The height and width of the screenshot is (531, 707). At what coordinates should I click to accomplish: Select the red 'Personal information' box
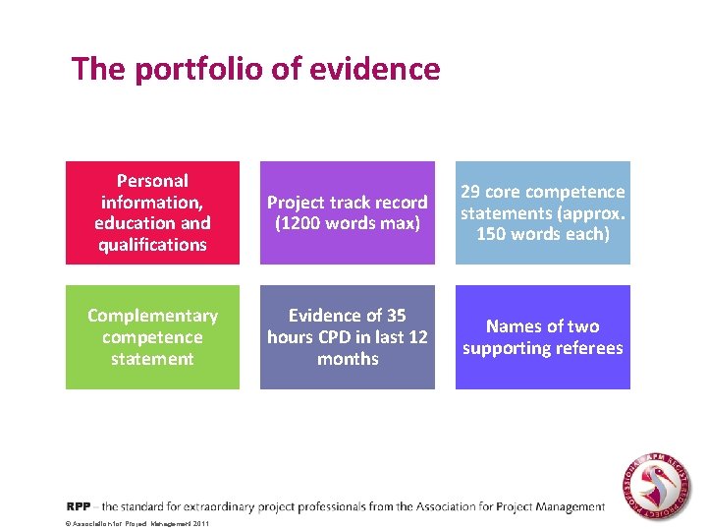tap(152, 212)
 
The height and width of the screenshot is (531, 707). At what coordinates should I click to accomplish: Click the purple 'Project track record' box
tap(348, 212)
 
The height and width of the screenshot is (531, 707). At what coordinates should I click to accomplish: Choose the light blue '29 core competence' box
tap(543, 212)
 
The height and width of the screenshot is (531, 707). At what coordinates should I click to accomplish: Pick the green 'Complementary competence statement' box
tap(152, 337)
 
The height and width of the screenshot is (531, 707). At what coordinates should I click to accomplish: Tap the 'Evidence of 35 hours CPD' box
tap(348, 337)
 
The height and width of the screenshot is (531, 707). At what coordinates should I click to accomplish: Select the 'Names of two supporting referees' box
tap(543, 337)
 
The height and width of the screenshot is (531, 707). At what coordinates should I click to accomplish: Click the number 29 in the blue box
tap(471, 192)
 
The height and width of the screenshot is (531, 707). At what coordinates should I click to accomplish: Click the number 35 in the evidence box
tap(396, 316)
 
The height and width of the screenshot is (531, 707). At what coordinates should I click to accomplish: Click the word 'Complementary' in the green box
tap(152, 316)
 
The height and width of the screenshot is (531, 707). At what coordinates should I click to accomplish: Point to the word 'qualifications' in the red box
tap(152, 245)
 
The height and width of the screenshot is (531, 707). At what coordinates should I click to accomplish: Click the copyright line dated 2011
tap(137, 524)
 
